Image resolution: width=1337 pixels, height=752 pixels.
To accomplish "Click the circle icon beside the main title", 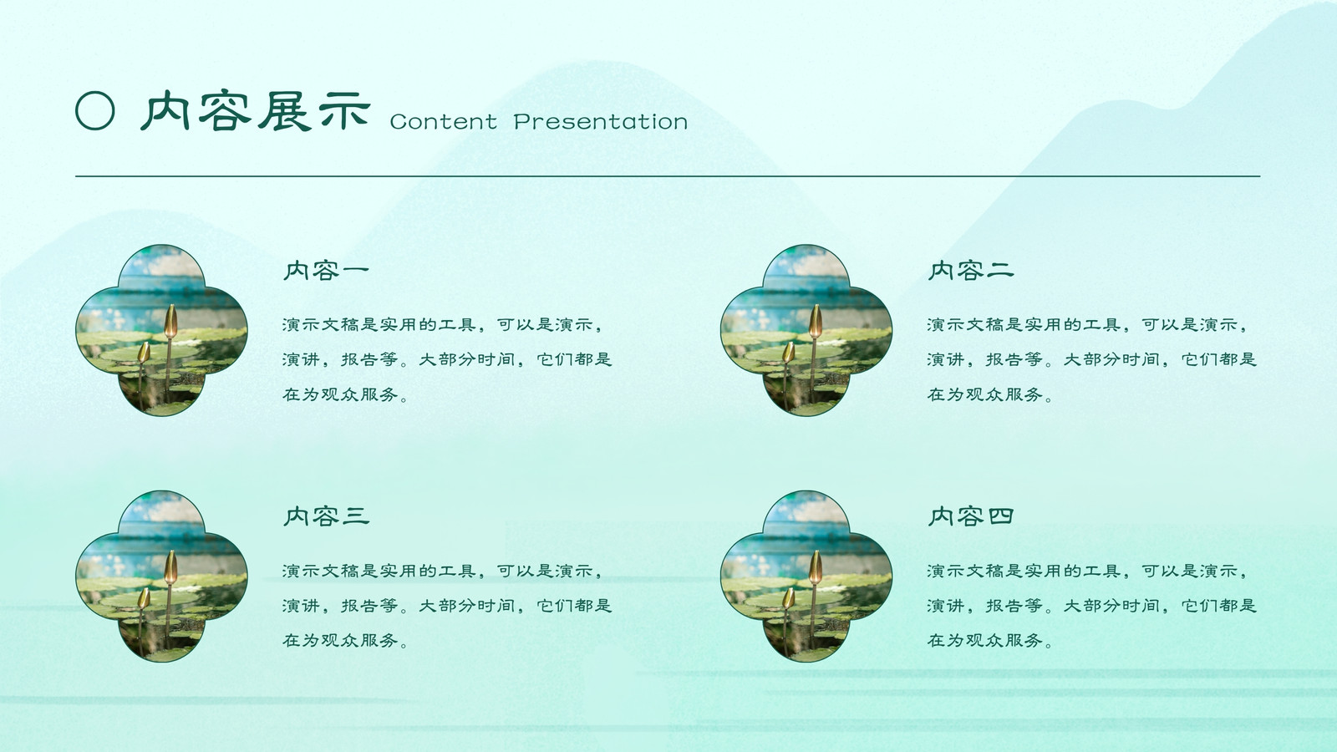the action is click(x=95, y=111).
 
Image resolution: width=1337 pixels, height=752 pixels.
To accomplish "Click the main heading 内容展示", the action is click(x=256, y=111).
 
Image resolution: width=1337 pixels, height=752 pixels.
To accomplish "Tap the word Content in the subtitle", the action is click(x=444, y=122).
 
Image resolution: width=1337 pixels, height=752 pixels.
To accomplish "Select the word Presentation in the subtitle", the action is click(x=601, y=122).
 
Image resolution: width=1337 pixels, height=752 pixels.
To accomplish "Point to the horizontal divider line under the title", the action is click(x=668, y=176).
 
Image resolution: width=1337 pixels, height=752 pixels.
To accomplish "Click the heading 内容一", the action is click(x=327, y=271).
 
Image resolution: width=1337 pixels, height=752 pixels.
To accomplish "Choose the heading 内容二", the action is click(x=971, y=271).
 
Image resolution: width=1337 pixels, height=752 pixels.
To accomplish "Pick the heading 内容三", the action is click(x=327, y=516).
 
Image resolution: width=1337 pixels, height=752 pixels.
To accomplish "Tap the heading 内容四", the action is click(x=971, y=516).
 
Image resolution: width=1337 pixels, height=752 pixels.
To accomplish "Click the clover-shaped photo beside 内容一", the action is click(x=161, y=330).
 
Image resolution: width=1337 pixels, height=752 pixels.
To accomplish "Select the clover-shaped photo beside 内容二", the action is click(x=806, y=330).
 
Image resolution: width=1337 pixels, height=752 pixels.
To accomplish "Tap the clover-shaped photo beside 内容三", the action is click(x=161, y=577).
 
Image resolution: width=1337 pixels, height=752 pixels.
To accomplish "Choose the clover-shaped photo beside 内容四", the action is click(x=806, y=577).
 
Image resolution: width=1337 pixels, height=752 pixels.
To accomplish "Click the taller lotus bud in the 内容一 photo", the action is click(x=170, y=321).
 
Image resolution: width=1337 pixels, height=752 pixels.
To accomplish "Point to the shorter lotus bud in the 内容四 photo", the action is click(x=789, y=598).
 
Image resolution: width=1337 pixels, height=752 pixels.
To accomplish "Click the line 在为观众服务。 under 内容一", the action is click(x=345, y=394).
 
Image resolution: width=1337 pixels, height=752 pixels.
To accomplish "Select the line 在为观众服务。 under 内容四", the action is click(x=989, y=640).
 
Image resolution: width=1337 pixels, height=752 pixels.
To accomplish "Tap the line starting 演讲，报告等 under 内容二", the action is click(x=1091, y=359).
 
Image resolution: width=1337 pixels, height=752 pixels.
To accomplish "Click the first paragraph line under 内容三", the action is click(x=443, y=572).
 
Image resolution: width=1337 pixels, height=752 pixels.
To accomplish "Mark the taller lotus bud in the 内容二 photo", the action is click(x=816, y=321).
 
